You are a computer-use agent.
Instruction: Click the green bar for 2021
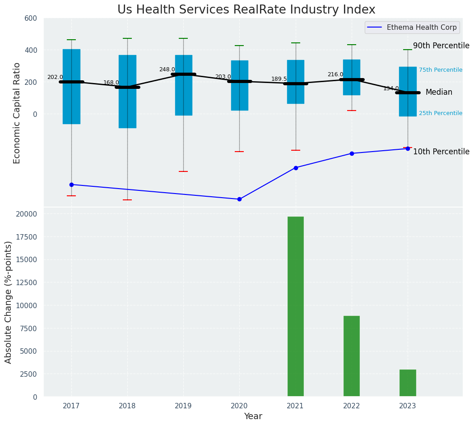[296, 306]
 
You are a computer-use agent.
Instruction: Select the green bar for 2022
[352, 356]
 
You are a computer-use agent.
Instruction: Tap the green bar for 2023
[408, 383]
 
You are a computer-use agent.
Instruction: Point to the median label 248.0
[167, 69]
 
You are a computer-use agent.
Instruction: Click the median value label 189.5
[279, 79]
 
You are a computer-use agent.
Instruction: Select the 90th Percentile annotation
[441, 46]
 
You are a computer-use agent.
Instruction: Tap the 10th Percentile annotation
[441, 152]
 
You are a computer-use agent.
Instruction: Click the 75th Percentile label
[441, 70]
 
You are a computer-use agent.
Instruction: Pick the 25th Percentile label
[441, 113]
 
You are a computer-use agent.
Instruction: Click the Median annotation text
[439, 92]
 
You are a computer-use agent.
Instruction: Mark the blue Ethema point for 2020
[239, 199]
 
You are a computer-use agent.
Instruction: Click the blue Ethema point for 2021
[296, 168]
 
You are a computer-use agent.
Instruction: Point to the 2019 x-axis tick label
[183, 406]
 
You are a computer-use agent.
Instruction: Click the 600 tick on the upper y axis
[31, 18]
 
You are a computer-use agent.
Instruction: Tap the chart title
[246, 9]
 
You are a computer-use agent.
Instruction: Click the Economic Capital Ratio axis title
[17, 113]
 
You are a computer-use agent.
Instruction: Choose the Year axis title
[253, 416]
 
